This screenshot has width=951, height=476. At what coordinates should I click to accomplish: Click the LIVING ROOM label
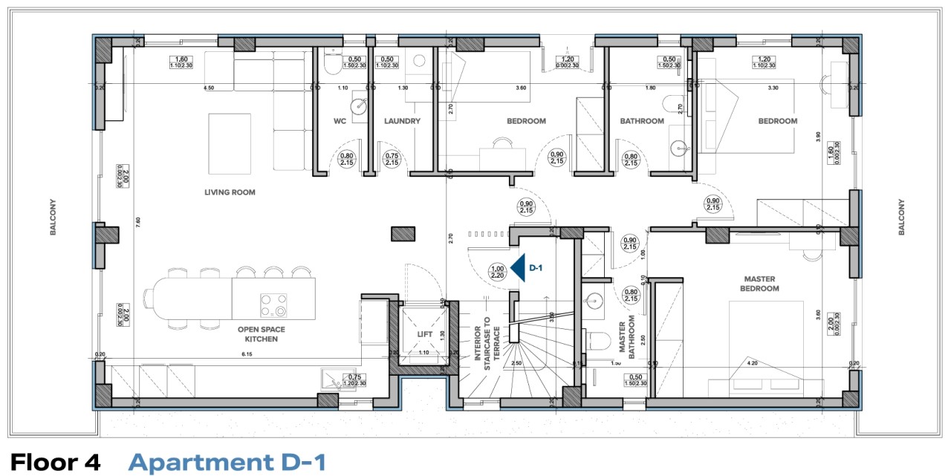pyautogui.click(x=230, y=192)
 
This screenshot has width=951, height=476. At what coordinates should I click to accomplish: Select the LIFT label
pyautogui.click(x=424, y=334)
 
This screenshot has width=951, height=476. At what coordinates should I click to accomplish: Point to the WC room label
pyautogui.click(x=340, y=121)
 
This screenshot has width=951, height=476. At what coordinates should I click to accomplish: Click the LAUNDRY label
pyautogui.click(x=402, y=121)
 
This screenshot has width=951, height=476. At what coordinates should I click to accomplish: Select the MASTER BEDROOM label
pyautogui.click(x=761, y=284)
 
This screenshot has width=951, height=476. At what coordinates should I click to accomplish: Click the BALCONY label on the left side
pyautogui.click(x=53, y=218)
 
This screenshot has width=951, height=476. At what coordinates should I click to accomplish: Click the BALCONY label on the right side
pyautogui.click(x=901, y=218)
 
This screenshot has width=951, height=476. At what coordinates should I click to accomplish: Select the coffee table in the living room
pyautogui.click(x=229, y=138)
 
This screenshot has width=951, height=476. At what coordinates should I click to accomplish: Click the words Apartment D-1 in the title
pyautogui.click(x=227, y=462)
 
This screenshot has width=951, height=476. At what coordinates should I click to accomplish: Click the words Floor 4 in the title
pyautogui.click(x=56, y=462)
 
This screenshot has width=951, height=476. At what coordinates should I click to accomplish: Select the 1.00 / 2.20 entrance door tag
pyautogui.click(x=497, y=272)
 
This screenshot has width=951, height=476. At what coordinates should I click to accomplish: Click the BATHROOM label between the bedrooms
pyautogui.click(x=642, y=121)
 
